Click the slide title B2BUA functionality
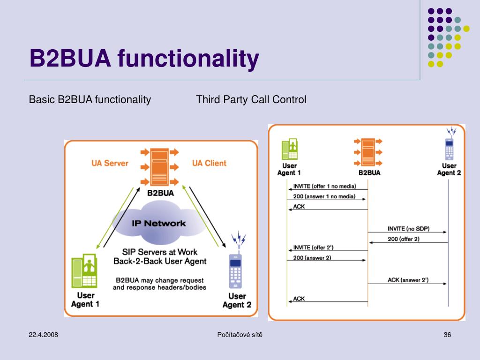144,58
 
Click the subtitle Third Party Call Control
251,99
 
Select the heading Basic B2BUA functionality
90,99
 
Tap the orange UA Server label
110,163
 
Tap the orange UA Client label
209,163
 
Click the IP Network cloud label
158,224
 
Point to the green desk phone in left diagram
84,271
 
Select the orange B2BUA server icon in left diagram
159,167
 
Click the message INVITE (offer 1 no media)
324,186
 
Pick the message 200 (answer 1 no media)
324,196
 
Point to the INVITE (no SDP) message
408,229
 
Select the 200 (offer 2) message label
404,239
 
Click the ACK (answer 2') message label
408,280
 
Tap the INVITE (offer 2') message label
313,247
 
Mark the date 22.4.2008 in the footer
43,335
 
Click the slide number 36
447,335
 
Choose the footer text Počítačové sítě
240,335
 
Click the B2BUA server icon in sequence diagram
368,152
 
